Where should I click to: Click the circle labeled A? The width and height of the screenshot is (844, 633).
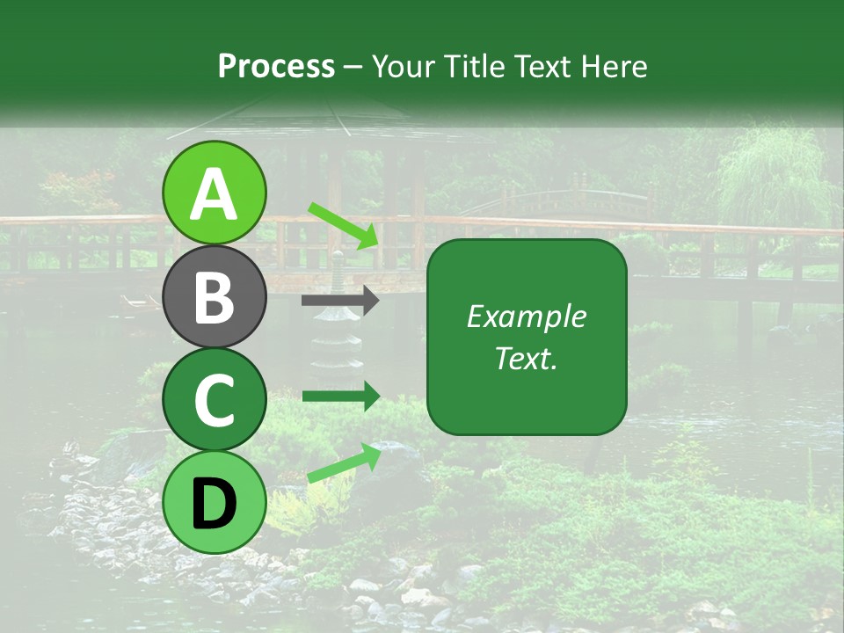(214, 193)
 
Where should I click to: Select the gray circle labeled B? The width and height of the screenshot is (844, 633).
(214, 296)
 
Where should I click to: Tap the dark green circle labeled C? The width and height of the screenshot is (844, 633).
(214, 400)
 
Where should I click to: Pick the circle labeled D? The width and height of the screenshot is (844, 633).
(214, 503)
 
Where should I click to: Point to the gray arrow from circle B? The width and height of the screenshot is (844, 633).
(340, 301)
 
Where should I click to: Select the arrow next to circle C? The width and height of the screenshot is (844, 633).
(340, 397)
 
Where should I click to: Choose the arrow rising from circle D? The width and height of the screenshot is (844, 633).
(344, 462)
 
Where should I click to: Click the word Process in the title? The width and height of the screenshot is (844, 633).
(276, 66)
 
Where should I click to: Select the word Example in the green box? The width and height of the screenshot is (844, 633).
(526, 317)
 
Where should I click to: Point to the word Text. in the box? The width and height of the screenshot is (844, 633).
(526, 359)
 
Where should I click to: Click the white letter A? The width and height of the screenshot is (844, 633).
(215, 194)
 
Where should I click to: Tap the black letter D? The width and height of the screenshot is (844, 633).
(215, 504)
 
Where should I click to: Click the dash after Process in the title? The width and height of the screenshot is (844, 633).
(353, 67)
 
